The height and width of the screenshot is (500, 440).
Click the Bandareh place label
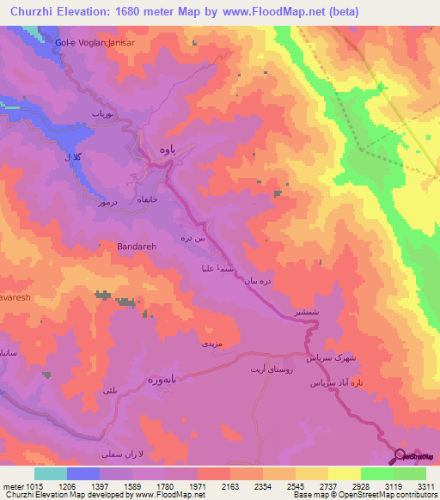pyautogui.click(x=137, y=246)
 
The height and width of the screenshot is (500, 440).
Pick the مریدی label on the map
pyautogui.click(x=212, y=343)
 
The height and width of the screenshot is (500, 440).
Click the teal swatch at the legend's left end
pyautogui.click(x=50, y=473)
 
